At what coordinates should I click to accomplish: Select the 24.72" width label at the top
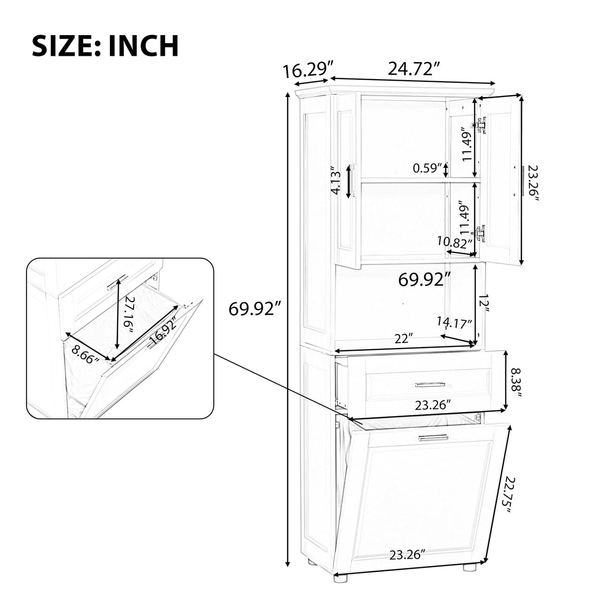click(x=413, y=68)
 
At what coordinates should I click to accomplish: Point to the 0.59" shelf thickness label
click(x=426, y=168)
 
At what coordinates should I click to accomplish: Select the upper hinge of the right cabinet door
click(x=482, y=125)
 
